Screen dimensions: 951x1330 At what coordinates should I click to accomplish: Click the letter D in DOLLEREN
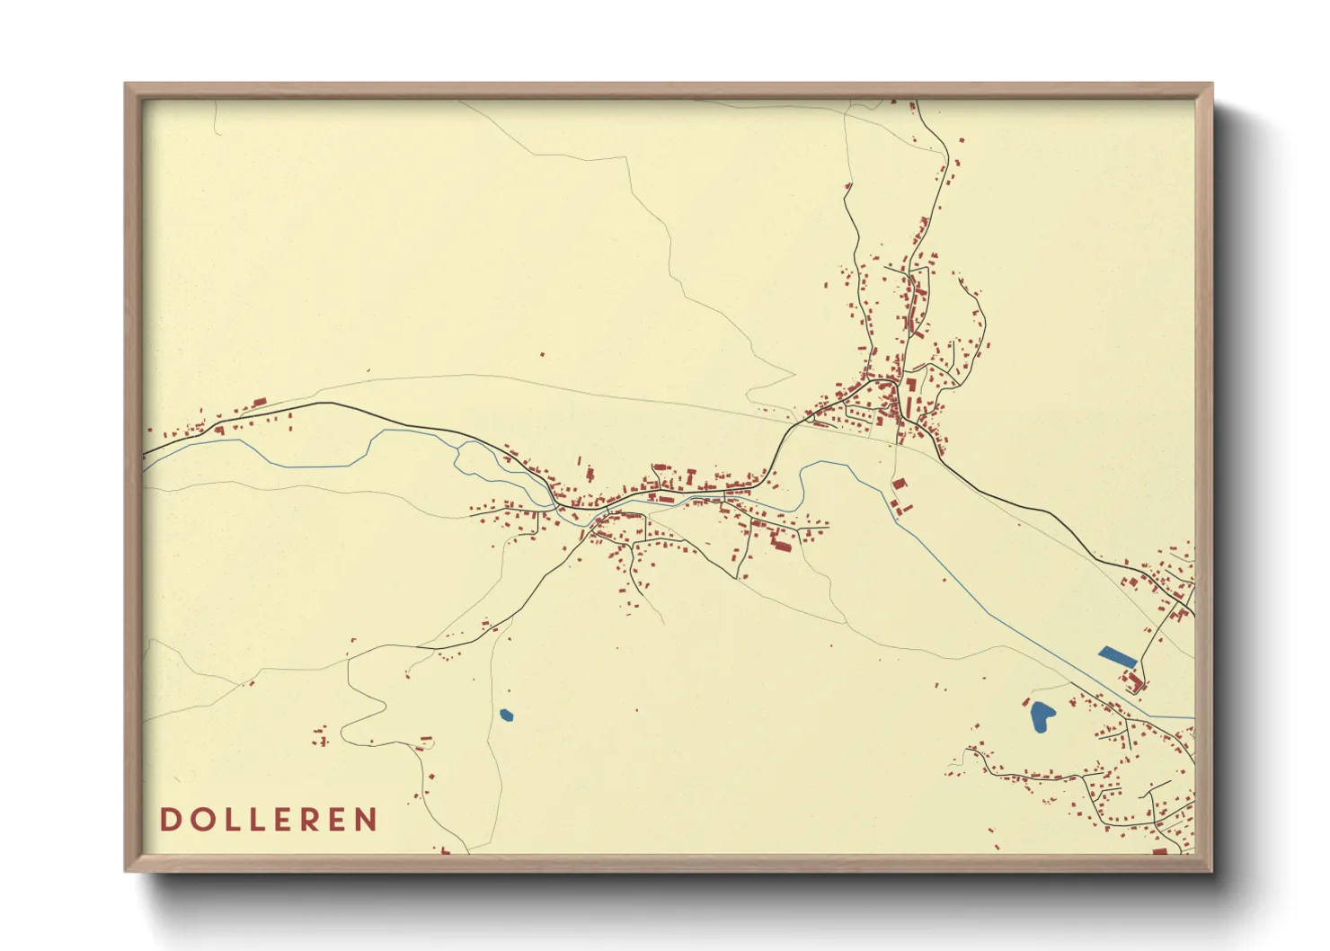(169, 820)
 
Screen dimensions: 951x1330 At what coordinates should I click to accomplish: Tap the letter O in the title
(199, 820)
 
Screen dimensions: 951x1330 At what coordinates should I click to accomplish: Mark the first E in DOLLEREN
(279, 820)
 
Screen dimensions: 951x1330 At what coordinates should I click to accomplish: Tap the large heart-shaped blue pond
(1041, 715)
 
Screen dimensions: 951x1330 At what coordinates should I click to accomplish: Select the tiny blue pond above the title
(506, 715)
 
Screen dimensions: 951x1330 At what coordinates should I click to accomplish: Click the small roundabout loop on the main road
(808, 417)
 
